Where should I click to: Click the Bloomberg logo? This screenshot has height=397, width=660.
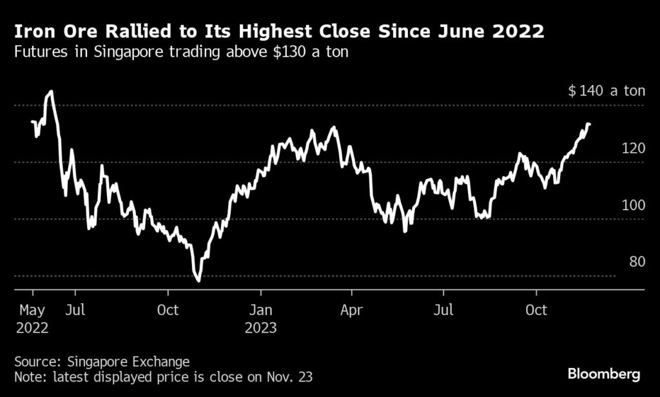604,374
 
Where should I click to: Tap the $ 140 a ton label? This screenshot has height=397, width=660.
606,91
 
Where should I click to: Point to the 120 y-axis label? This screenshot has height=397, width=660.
634,148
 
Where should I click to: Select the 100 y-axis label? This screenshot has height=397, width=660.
634,206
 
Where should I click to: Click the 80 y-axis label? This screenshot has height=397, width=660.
637,262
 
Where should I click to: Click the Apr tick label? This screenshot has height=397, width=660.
352,310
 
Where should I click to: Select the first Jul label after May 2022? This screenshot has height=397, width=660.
76,310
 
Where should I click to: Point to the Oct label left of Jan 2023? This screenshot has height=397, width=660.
168,310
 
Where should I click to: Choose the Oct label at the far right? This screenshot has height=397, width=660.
536,310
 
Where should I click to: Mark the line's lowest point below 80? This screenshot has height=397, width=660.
198,280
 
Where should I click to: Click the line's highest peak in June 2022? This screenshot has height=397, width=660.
50,92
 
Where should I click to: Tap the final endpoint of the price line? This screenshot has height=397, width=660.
589,124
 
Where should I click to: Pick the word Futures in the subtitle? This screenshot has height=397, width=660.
38,52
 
